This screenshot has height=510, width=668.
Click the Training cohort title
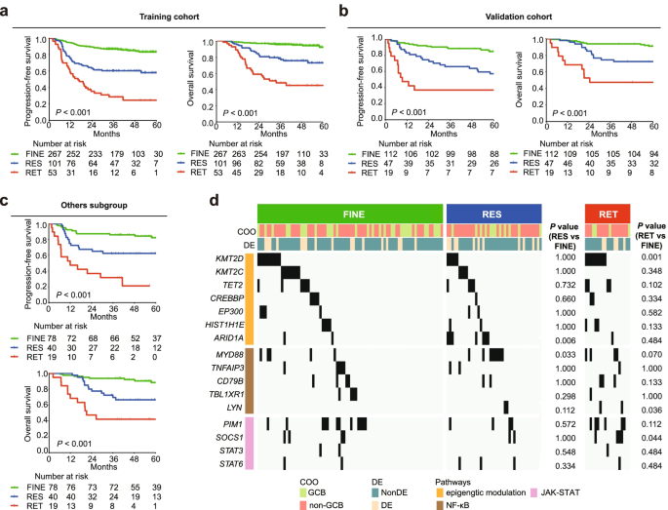[x=170, y=18]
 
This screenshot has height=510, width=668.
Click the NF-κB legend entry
[x=458, y=495]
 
